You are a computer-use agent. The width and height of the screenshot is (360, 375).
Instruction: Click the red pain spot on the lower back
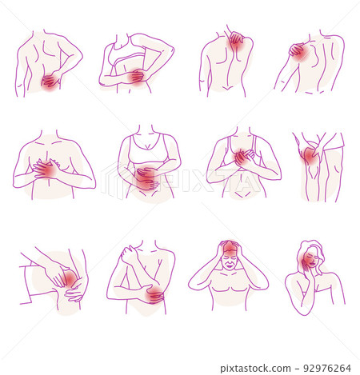[x=50, y=81]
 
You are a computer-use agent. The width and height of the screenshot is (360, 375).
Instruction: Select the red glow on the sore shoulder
[x=298, y=53]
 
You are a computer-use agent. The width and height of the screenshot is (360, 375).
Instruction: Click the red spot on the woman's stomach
[x=145, y=178]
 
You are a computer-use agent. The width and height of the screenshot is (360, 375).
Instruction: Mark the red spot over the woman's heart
[x=242, y=157]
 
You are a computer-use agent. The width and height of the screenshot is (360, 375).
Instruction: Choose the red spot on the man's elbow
[x=153, y=295]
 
